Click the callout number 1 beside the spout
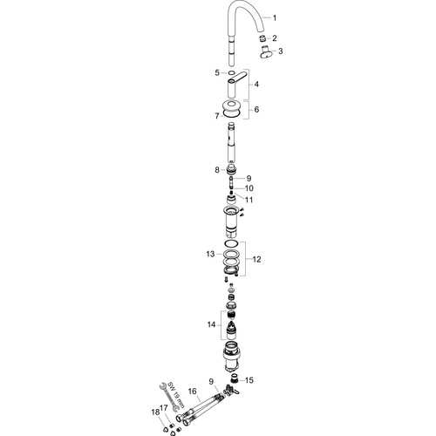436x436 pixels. [x=275, y=18]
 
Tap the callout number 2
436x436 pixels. [x=275, y=38]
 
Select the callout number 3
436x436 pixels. [x=280, y=51]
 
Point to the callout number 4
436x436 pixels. [x=256, y=85]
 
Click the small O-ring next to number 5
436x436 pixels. [x=232, y=72]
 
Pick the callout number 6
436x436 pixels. [x=256, y=110]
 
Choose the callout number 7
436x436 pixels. [x=217, y=116]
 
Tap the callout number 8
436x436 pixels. [x=217, y=170]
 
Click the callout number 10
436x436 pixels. [x=249, y=188]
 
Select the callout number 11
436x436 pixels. [x=249, y=200]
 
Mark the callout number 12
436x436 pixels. [x=256, y=259]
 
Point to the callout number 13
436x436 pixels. [x=210, y=254]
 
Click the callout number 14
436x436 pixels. [x=211, y=324]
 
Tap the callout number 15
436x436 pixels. [x=249, y=380]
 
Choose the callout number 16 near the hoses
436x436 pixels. [x=193, y=392]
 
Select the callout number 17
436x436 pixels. [x=164, y=408]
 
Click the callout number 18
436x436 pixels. [x=155, y=412]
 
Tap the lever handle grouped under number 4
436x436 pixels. [x=236, y=85]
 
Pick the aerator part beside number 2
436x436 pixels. [x=262, y=38]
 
